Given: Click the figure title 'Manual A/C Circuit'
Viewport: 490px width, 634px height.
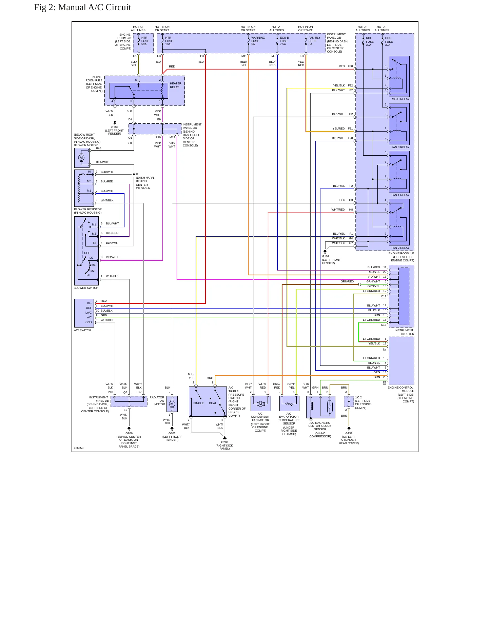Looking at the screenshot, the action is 95,7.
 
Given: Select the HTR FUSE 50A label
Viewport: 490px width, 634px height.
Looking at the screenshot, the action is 145,41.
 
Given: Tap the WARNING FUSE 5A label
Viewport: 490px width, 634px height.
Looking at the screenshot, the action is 258,41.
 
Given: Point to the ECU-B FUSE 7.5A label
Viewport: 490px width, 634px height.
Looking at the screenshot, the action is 284,41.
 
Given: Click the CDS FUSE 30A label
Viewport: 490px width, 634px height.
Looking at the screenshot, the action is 389,41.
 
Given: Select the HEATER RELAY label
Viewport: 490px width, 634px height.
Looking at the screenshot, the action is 175,85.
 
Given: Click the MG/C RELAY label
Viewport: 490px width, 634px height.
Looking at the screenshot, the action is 400,99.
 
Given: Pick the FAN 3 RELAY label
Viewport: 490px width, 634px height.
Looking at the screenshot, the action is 400,147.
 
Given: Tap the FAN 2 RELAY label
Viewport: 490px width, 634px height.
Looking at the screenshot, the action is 400,248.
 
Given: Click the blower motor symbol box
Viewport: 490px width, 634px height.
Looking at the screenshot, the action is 82,158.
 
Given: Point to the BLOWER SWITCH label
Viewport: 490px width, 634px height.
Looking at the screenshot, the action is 86,288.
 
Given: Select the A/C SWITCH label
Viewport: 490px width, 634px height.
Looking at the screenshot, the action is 82,330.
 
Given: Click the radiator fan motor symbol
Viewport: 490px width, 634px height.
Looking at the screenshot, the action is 172,404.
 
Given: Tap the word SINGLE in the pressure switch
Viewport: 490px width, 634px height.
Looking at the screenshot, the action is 198,403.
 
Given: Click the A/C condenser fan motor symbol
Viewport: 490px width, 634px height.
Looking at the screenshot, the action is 260,403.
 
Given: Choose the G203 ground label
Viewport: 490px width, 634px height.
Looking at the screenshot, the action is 224,442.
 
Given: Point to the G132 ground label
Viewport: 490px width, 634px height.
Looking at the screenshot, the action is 349,433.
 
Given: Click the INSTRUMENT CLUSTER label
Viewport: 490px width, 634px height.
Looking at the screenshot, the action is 404,332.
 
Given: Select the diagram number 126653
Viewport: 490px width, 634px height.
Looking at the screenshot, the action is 79,448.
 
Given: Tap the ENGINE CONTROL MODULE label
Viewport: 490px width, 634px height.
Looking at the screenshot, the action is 401,389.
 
